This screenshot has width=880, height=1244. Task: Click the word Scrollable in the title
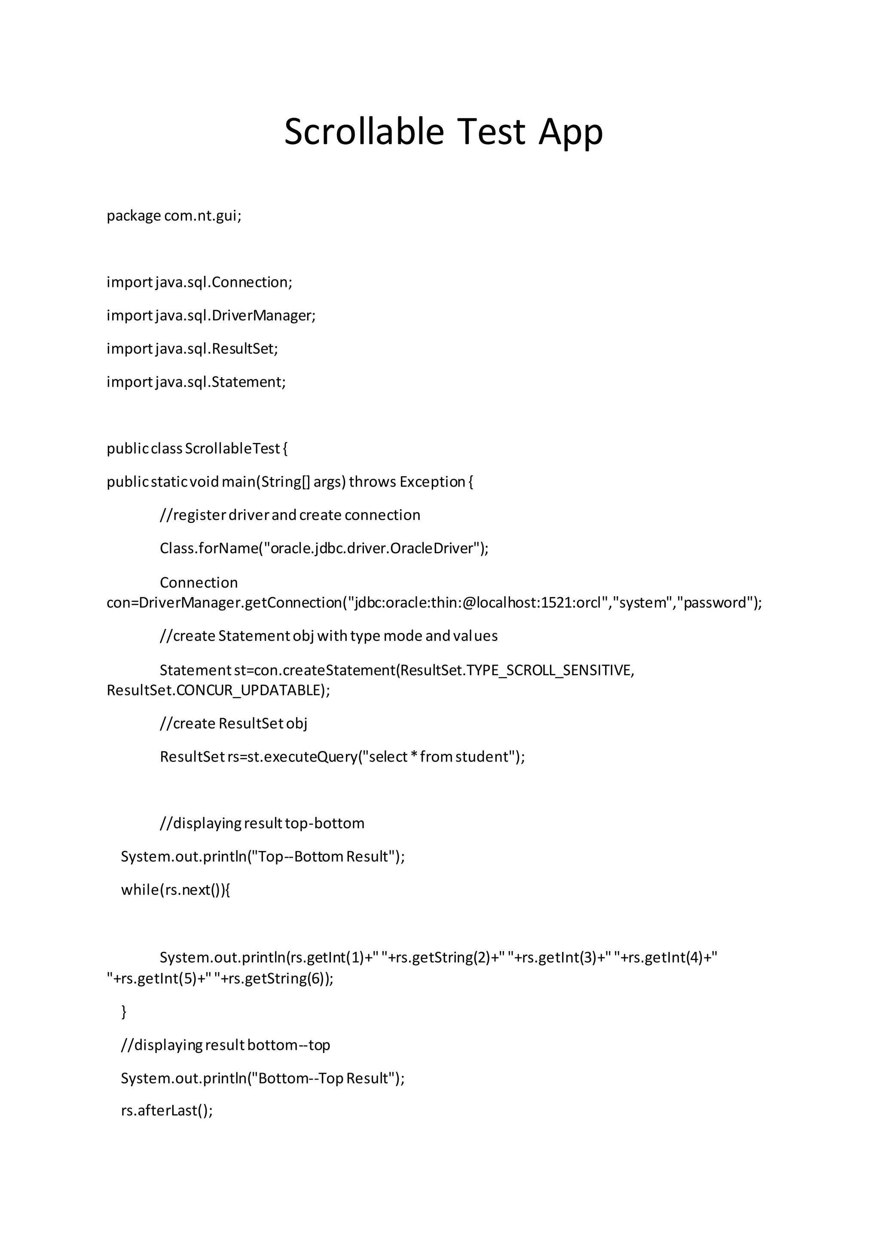click(364, 132)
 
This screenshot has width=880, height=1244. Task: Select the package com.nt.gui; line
click(174, 216)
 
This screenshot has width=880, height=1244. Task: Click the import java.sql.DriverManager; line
click(211, 315)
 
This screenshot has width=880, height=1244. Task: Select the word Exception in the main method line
click(432, 482)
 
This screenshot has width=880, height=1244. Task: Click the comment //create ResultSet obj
click(234, 723)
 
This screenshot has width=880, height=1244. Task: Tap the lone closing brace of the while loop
click(124, 1011)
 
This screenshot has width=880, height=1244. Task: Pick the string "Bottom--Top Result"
click(324, 1078)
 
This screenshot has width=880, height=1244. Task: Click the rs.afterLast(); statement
click(167, 1111)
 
